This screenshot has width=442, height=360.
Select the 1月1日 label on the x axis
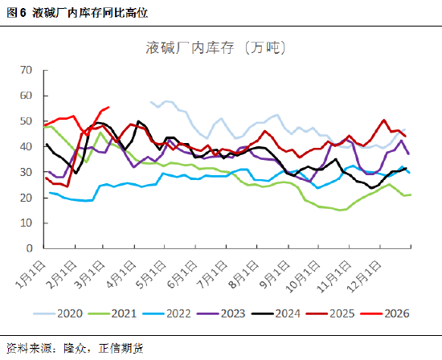tap(33, 272)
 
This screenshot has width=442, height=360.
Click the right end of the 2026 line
tap(108, 107)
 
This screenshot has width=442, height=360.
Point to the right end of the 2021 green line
tap(411, 194)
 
